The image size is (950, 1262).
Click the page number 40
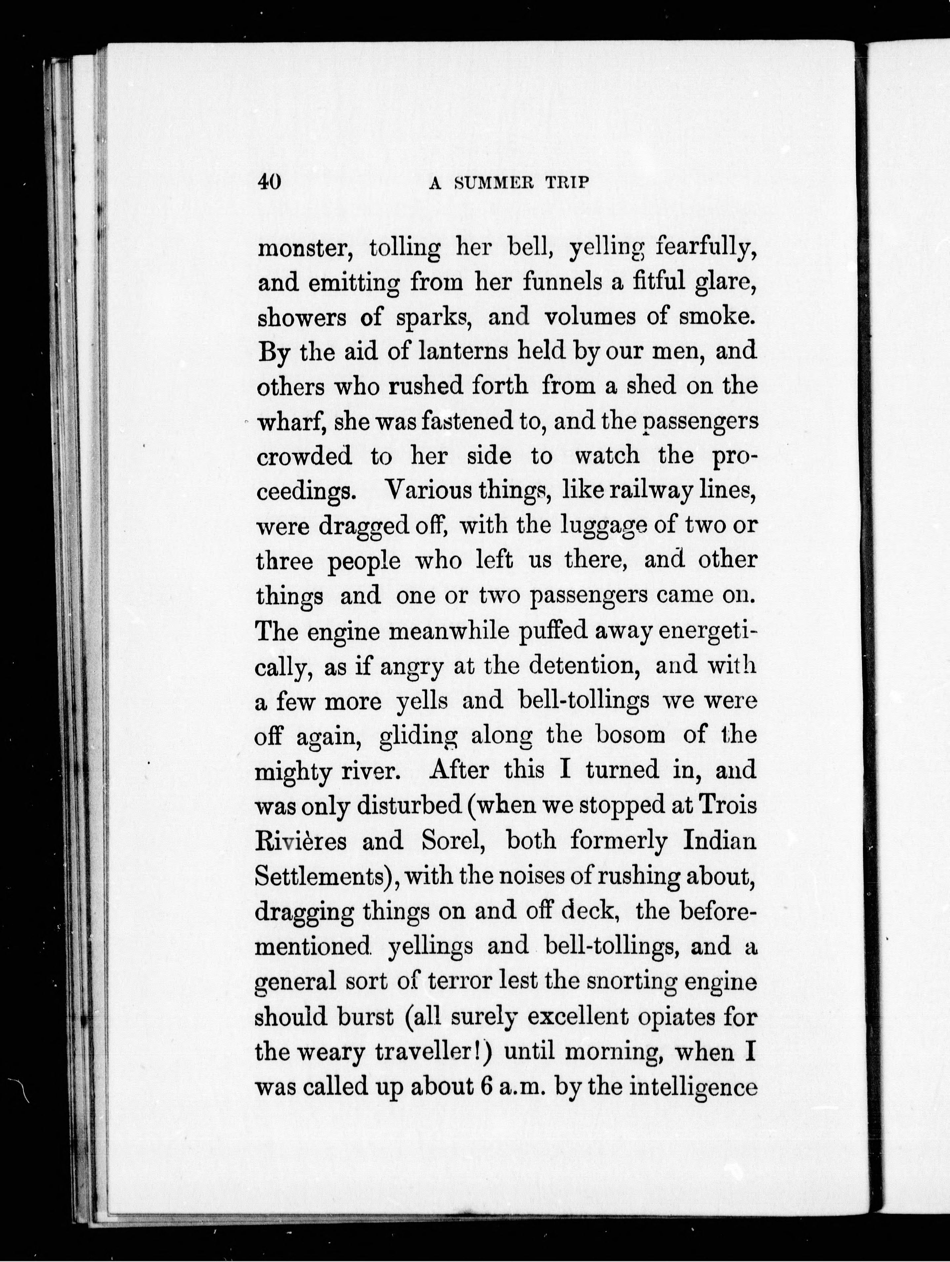click(269, 182)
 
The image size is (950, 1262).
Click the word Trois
click(728, 805)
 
